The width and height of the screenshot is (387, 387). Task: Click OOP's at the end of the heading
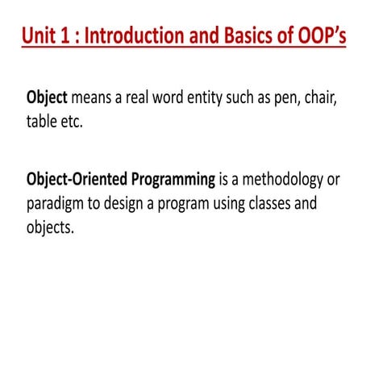[x=321, y=37]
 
